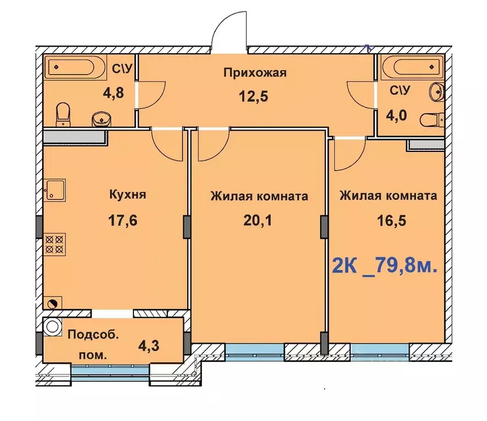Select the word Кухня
[x=127, y=195]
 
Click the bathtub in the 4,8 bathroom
[x=76, y=69]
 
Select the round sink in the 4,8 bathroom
[x=100, y=118]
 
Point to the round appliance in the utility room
[x=52, y=326]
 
